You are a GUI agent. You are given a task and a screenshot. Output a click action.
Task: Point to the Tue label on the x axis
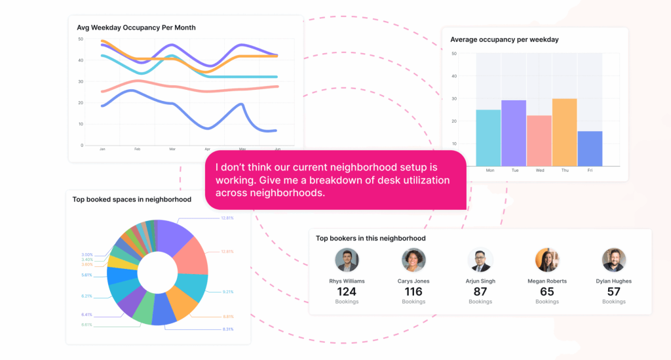click(514, 170)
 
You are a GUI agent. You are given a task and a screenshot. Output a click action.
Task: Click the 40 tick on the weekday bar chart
click(454, 76)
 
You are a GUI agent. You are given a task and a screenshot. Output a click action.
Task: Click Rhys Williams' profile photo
click(347, 260)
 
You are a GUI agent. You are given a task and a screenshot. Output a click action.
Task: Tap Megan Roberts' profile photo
click(547, 260)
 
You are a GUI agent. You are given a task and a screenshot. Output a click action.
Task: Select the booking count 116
click(413, 291)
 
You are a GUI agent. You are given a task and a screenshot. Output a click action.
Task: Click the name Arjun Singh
click(480, 281)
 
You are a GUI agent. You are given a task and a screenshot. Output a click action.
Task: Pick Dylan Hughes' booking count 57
click(614, 291)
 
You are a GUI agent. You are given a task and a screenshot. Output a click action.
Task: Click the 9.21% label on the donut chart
click(227, 292)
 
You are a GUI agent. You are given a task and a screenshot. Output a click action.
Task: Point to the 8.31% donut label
click(227, 329)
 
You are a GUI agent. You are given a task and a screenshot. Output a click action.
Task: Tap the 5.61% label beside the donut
click(86, 275)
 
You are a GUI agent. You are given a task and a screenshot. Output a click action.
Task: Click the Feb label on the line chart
click(138, 150)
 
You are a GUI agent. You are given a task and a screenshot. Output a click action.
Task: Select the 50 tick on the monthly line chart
click(81, 39)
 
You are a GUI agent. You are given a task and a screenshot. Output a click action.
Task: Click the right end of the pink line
click(278, 87)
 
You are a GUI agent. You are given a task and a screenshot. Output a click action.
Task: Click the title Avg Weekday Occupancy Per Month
click(136, 28)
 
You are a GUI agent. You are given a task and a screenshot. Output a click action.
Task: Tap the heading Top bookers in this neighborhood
click(371, 238)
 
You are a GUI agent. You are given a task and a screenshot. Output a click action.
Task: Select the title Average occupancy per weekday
click(505, 40)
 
